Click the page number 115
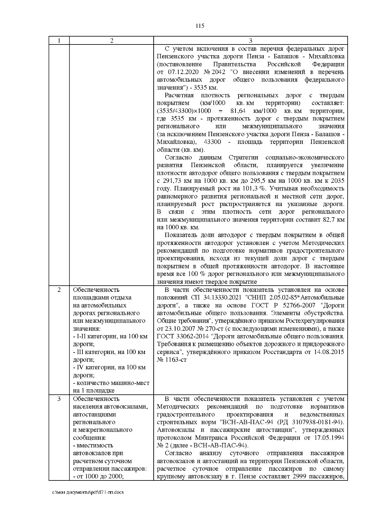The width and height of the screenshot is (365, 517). click(200, 26)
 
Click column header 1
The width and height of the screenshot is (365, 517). click(59, 41)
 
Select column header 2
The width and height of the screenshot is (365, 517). click(112, 41)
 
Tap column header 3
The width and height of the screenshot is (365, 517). click(250, 41)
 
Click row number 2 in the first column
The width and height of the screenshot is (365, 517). click(59, 290)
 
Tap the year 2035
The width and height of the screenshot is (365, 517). click(337, 181)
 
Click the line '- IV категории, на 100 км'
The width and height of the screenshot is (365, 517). click(109, 367)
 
